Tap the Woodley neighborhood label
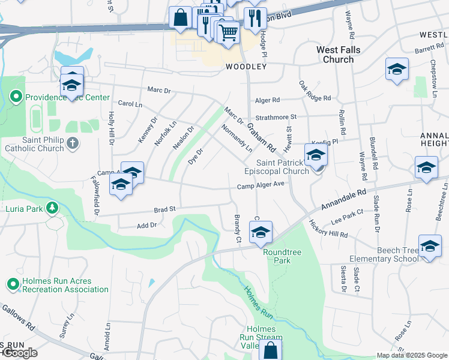point(246,67)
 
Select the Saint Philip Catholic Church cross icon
point(72,143)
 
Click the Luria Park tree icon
point(53,208)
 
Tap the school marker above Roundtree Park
point(261,233)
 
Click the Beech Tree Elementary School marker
point(430,246)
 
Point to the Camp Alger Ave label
point(261,185)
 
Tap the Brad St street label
point(164,210)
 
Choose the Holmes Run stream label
point(258,301)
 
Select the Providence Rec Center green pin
point(16,97)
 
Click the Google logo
point(19,353)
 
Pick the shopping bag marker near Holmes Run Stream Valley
point(270,350)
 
